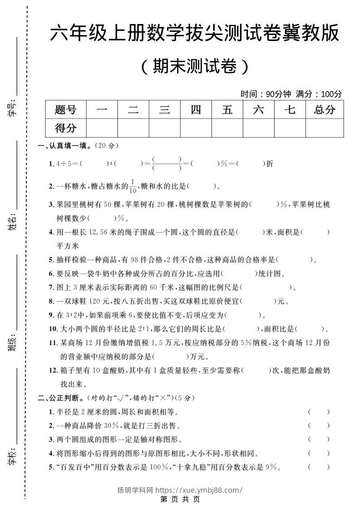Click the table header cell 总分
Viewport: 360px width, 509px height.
(x=324, y=109)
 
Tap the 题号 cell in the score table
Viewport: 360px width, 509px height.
(x=65, y=109)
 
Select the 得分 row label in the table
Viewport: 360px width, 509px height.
(x=65, y=128)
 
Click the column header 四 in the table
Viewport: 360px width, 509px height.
(x=196, y=109)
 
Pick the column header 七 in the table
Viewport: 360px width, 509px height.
(x=290, y=109)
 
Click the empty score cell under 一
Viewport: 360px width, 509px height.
(x=102, y=128)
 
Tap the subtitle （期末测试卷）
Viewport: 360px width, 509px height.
(x=195, y=67)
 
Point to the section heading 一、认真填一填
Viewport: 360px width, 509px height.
(x=64, y=146)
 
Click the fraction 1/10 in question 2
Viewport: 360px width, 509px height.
(x=133, y=186)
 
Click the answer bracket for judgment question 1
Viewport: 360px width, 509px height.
(x=319, y=412)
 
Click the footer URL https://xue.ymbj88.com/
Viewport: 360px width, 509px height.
(x=199, y=490)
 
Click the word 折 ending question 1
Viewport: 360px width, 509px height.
(x=270, y=164)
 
